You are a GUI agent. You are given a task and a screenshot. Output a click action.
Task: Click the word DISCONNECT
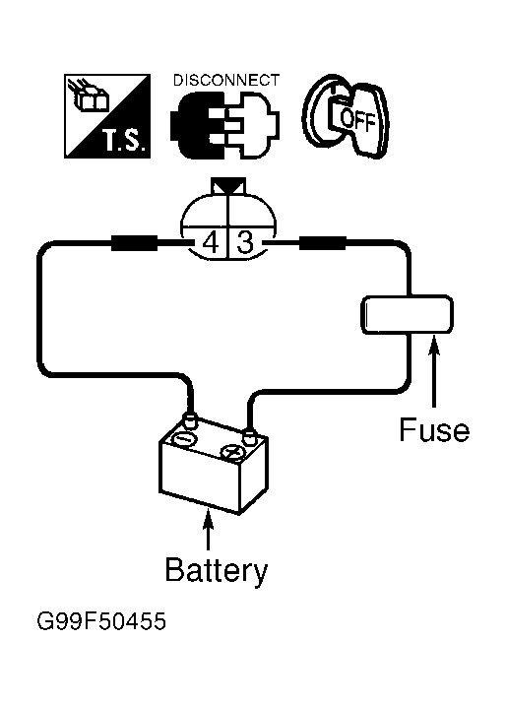coord(226,80)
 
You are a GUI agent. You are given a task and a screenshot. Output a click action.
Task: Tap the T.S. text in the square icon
coord(124,140)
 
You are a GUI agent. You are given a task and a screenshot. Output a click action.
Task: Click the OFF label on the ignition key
coord(357,119)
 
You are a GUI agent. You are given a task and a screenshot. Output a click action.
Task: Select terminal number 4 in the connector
coord(211,243)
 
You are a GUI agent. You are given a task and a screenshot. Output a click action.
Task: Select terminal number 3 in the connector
coord(245,243)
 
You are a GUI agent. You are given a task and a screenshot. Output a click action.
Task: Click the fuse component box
coord(408,314)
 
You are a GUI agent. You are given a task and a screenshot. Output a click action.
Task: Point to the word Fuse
coord(434,429)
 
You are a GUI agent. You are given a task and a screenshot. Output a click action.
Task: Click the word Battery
coord(217,570)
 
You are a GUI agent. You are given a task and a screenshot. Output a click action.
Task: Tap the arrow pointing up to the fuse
coord(433,371)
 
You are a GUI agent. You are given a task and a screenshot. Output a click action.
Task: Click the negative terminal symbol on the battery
coord(184,439)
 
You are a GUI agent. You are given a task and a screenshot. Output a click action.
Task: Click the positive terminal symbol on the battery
coord(233,453)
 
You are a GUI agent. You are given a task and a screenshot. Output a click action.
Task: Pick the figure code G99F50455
coord(101,621)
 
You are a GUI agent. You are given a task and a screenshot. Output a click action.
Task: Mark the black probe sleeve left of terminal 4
coord(134,243)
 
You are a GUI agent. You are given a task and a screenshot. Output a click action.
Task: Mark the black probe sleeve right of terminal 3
coord(322,243)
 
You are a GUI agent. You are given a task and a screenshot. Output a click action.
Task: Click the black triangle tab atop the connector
coord(228,185)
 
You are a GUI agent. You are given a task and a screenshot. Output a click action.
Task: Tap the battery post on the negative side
coord(190,421)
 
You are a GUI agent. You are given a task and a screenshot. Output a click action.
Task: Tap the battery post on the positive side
coord(248,435)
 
